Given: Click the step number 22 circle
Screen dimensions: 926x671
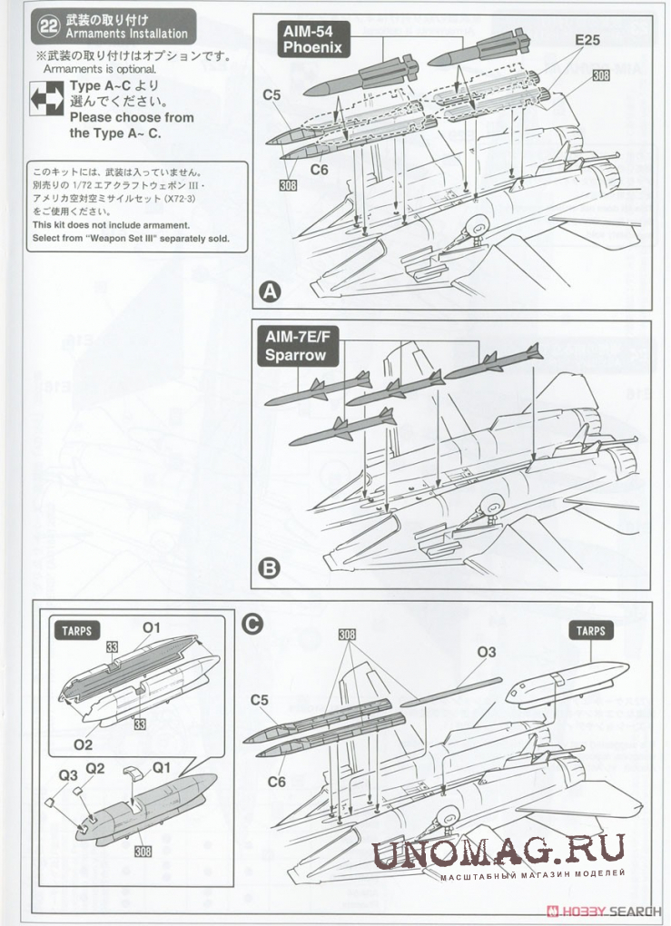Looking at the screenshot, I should click(x=48, y=26).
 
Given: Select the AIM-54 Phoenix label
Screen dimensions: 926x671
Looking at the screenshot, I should click(x=311, y=39).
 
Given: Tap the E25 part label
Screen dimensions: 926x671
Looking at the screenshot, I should click(x=587, y=41).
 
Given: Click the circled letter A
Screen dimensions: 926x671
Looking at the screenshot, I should click(x=270, y=291).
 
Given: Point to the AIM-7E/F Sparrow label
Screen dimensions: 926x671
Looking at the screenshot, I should click(x=295, y=347).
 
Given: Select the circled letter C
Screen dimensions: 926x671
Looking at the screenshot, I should click(x=254, y=624).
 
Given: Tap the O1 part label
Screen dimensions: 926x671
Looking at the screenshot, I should click(x=151, y=627).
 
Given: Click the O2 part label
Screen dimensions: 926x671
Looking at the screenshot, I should click(x=83, y=744).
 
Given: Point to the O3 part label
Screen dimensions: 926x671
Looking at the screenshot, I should click(x=486, y=652).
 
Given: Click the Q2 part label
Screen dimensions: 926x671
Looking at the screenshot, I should click(x=95, y=768).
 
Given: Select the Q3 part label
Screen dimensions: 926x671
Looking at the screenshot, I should click(x=68, y=776).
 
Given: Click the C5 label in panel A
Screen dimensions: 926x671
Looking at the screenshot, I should click(x=271, y=94).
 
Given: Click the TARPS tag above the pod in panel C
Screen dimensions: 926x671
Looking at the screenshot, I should click(x=589, y=630).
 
